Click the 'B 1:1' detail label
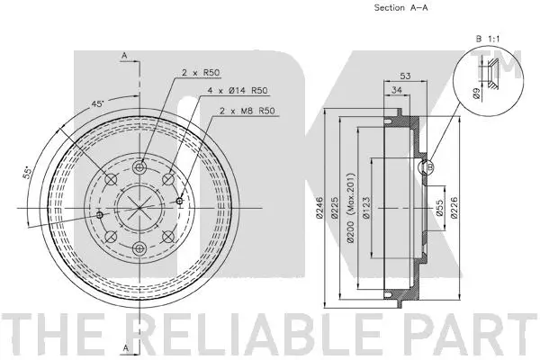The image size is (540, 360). point(486,39)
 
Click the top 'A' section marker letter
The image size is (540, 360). point(124,57)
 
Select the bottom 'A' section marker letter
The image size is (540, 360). point(124,347)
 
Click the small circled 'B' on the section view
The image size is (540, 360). point(428,166)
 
